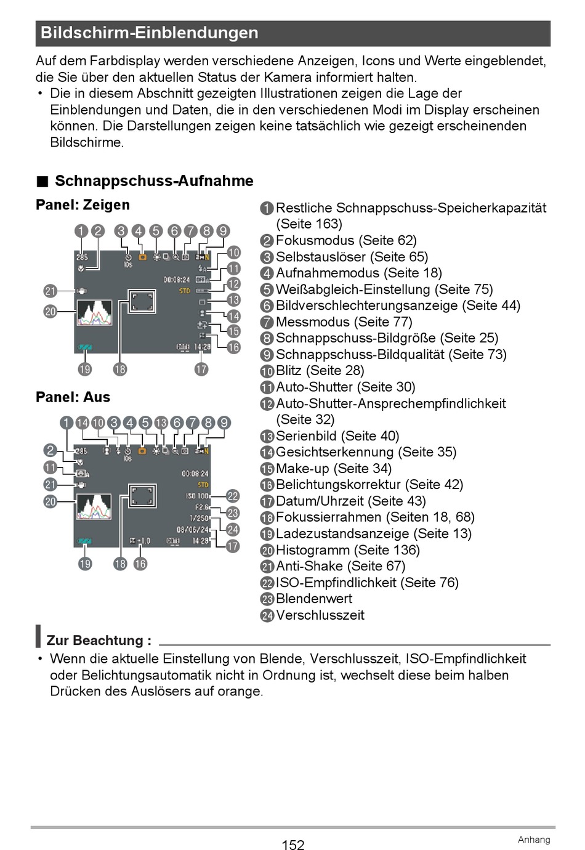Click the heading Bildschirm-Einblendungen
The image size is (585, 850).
pyautogui.click(x=150, y=33)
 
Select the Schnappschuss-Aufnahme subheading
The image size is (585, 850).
pyautogui.click(x=154, y=181)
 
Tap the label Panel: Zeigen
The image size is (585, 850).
pyautogui.click(x=83, y=205)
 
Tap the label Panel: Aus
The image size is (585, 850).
pyautogui.click(x=73, y=397)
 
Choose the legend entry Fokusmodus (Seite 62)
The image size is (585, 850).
pyautogui.click(x=346, y=240)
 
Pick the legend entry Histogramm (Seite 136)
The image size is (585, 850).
pyautogui.click(x=347, y=550)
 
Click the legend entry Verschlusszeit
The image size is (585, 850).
pyautogui.click(x=320, y=615)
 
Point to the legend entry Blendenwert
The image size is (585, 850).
pyautogui.click(x=313, y=599)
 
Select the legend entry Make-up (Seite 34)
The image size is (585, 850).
pyautogui.click(x=333, y=468)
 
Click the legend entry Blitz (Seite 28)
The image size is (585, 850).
pyautogui.click(x=320, y=371)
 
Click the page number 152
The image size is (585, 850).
pyautogui.click(x=293, y=845)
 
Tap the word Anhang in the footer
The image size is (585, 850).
pyautogui.click(x=533, y=840)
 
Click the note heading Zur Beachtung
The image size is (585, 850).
pyautogui.click(x=99, y=641)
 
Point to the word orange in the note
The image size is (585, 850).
pyautogui.click(x=240, y=691)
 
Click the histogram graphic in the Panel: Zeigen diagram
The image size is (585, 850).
pyautogui.click(x=94, y=313)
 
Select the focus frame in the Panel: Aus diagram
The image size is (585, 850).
pyautogui.click(x=142, y=495)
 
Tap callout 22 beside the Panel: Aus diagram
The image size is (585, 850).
pyautogui.click(x=233, y=496)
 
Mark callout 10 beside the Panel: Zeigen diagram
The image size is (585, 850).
pyautogui.click(x=233, y=253)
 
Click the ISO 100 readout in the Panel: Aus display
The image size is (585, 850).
pyautogui.click(x=197, y=496)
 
